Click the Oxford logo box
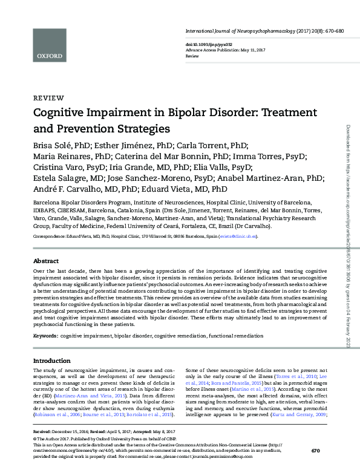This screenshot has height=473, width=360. click(x=50, y=44)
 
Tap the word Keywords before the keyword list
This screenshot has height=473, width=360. click(x=45, y=334)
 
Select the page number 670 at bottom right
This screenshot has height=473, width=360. click(x=315, y=451)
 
